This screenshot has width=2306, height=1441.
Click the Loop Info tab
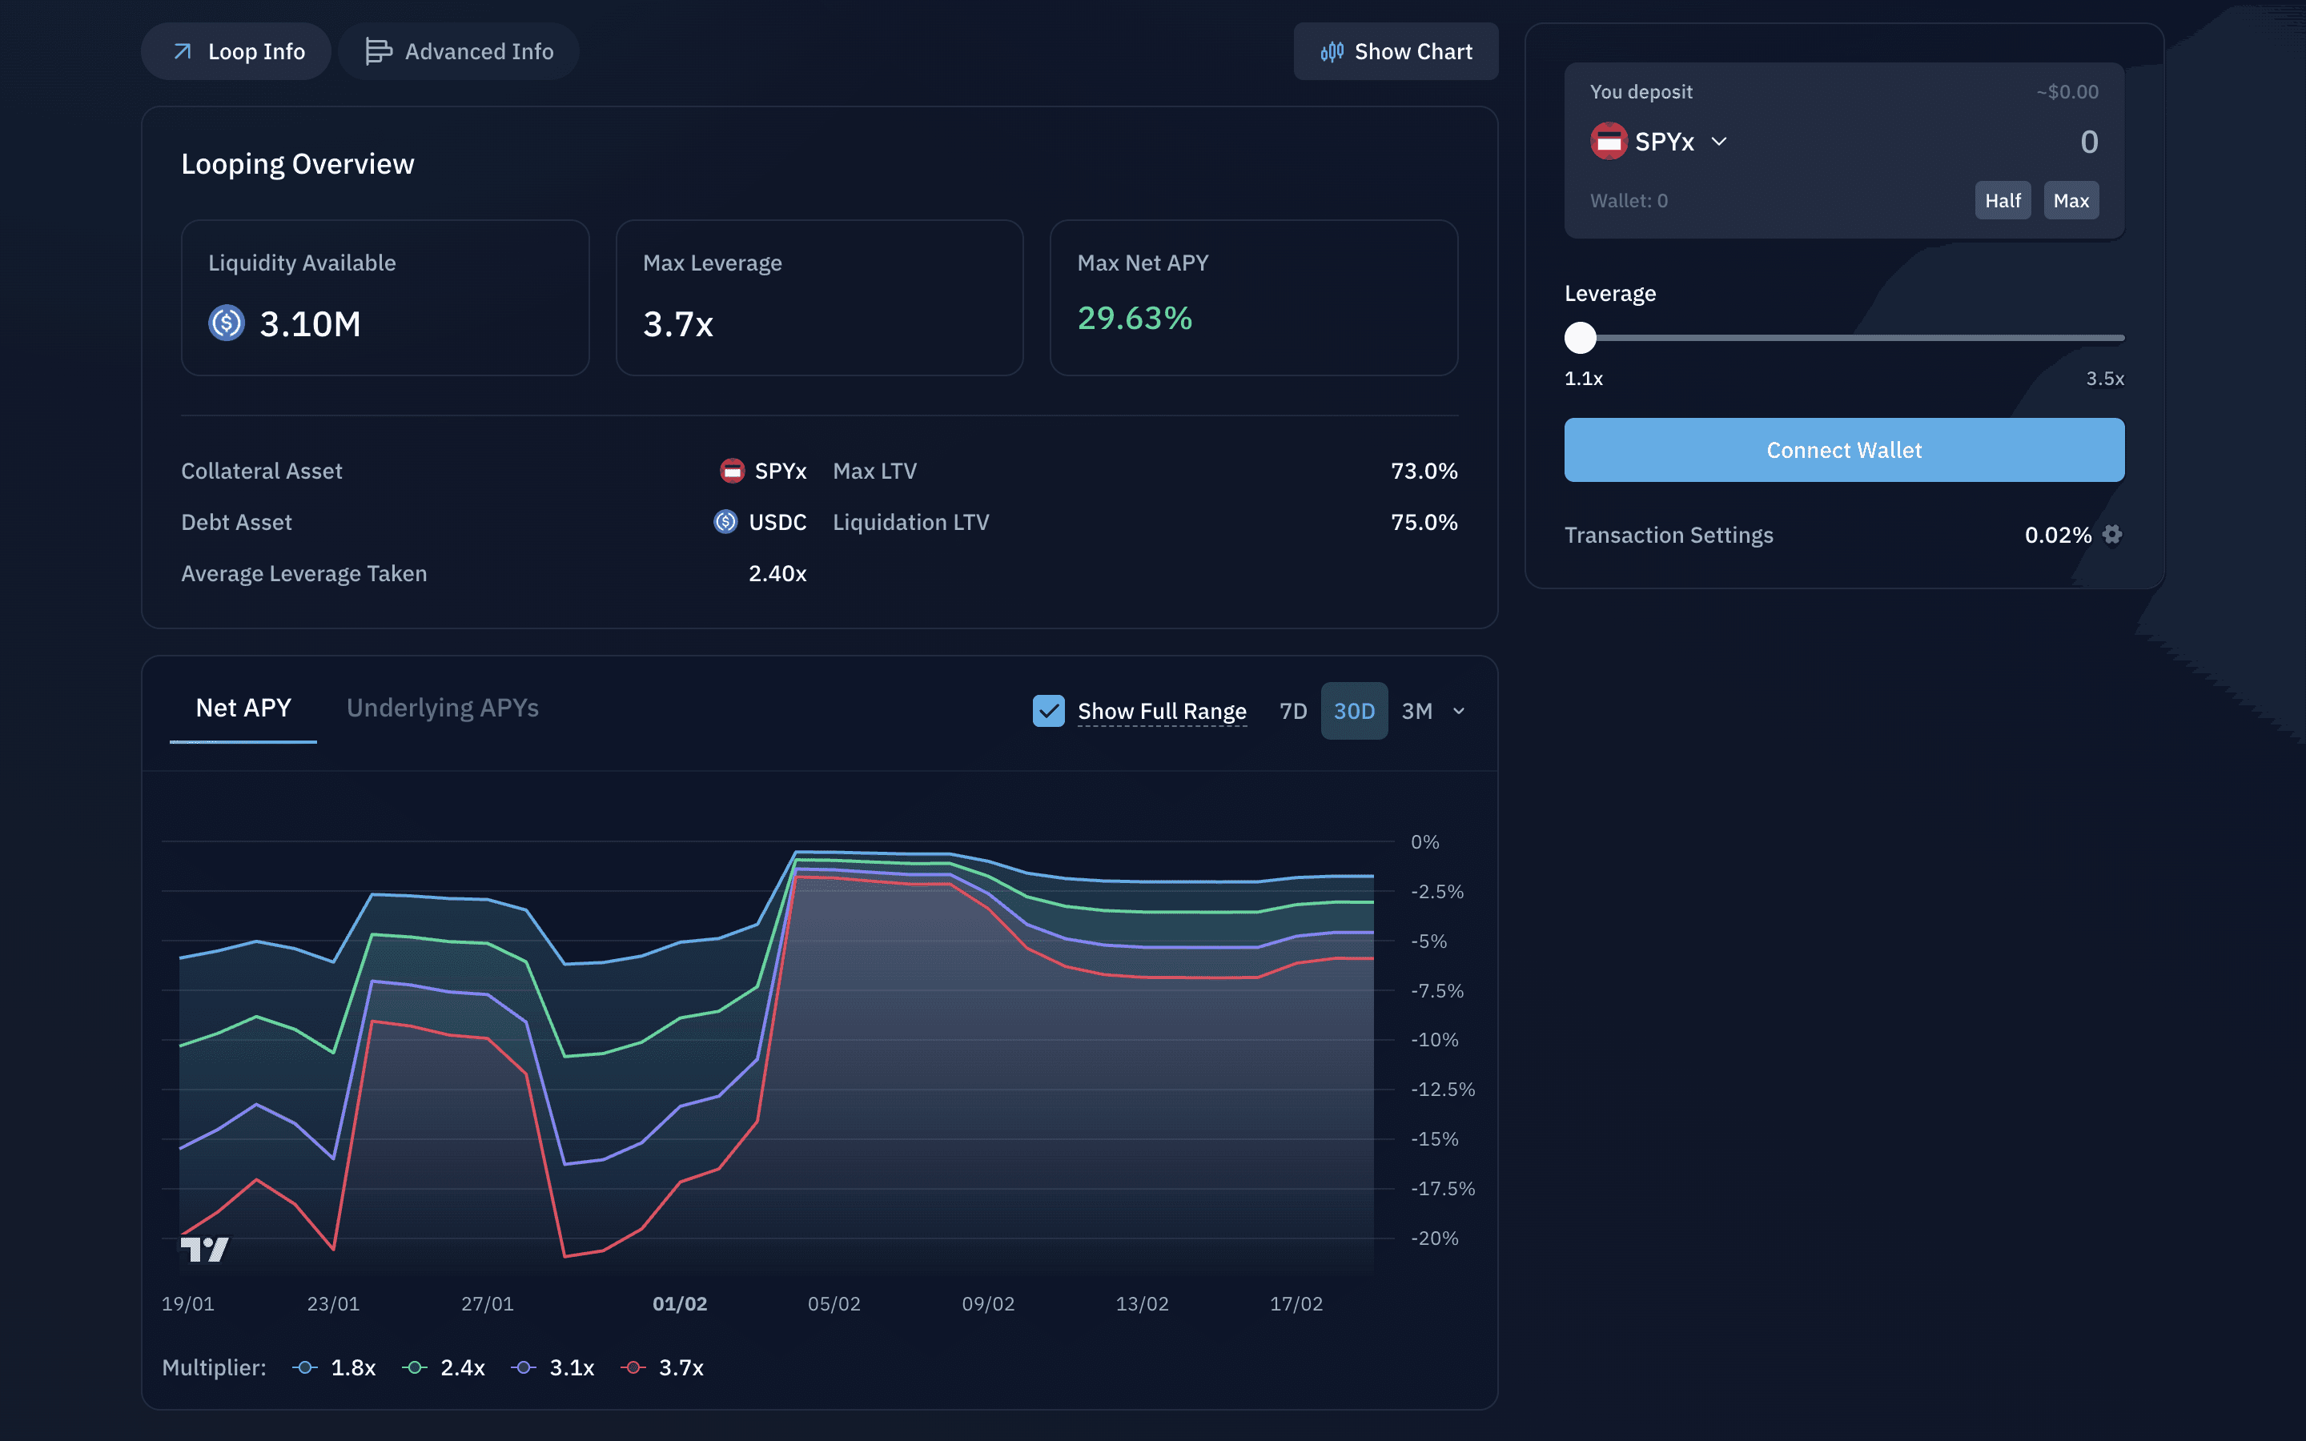point(236,51)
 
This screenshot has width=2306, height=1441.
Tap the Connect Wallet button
point(1844,450)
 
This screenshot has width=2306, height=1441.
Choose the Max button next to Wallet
point(2071,200)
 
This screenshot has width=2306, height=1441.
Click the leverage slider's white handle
point(1581,337)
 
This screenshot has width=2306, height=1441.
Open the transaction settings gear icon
point(2112,535)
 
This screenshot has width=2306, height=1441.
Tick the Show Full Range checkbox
point(1048,711)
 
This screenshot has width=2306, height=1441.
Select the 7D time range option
point(1293,711)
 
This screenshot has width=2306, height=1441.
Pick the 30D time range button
point(1354,711)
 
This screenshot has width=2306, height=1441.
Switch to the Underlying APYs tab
point(443,708)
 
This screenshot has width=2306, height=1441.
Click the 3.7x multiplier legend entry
point(662,1367)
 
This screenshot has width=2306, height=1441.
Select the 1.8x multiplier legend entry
point(334,1367)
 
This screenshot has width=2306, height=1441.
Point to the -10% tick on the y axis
point(1435,1040)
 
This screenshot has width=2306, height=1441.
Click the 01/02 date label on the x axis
point(680,1304)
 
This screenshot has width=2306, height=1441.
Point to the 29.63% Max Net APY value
point(1135,319)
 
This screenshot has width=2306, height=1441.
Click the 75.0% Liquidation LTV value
point(1424,522)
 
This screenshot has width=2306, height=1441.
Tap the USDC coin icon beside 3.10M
point(227,323)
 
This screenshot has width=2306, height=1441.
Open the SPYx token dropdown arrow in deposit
point(1719,142)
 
